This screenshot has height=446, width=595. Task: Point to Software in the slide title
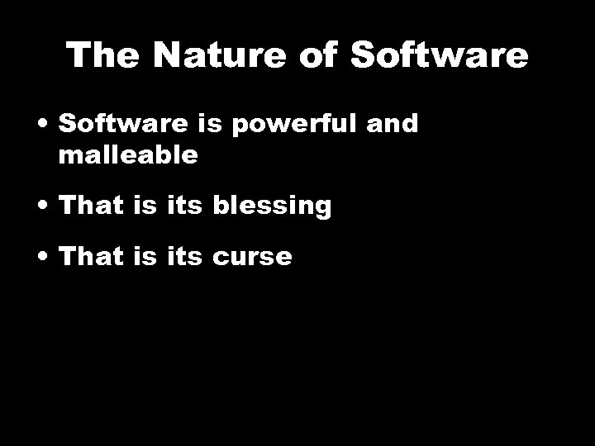[x=439, y=55]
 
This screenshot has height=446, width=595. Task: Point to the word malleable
[x=128, y=155]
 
